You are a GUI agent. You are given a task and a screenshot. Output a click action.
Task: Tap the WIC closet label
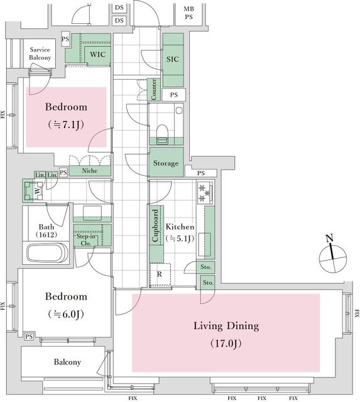97,55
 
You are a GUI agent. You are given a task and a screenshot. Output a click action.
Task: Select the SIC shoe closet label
173,59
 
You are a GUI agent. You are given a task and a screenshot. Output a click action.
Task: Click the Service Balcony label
40,53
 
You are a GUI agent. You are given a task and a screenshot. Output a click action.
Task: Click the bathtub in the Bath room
45,254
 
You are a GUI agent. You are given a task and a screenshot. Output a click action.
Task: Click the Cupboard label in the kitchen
155,227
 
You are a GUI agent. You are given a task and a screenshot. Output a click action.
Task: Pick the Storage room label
166,163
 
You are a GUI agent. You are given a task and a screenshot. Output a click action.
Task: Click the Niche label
90,170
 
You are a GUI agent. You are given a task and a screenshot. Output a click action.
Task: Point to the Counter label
153,90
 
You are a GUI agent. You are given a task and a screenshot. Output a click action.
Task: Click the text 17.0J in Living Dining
226,344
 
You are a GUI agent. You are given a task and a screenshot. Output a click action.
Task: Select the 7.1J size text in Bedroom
66,124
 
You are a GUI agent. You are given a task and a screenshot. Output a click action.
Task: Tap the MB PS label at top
188,13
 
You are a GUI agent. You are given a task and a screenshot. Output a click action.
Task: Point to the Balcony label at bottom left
67,362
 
